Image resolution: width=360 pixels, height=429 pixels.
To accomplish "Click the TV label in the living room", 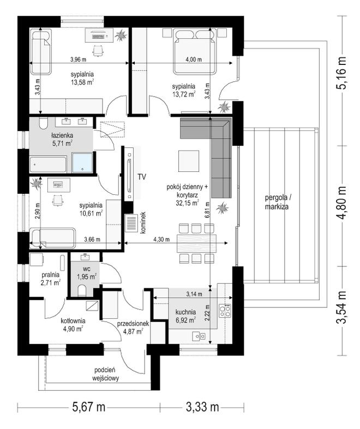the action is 142,177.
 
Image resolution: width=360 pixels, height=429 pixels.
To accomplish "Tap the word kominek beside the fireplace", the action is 143,223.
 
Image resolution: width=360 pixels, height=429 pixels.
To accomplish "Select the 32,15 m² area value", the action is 187,202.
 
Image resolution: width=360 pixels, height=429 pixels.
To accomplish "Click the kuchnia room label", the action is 185,312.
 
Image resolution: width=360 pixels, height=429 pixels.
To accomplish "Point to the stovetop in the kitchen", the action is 225,311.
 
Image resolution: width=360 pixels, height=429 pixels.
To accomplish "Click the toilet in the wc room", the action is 82,291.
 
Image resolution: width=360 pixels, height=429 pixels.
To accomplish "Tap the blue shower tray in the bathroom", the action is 82,163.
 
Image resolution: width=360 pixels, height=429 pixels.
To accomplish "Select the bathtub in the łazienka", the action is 48,164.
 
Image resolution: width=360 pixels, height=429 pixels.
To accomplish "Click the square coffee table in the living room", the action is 189,161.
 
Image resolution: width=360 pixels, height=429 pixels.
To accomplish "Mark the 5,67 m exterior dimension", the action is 88,407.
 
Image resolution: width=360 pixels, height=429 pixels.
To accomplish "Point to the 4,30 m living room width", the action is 161,240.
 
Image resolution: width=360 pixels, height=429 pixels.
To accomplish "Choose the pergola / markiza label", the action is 277,202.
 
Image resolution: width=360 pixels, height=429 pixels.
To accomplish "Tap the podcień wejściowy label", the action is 105,374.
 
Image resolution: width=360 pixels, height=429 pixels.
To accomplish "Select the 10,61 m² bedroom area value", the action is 91,213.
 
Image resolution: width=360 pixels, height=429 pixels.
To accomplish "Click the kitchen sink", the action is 199,336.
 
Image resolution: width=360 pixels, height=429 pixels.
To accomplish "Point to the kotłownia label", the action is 73,321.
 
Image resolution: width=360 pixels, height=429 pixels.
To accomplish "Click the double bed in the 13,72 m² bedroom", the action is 195,52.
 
